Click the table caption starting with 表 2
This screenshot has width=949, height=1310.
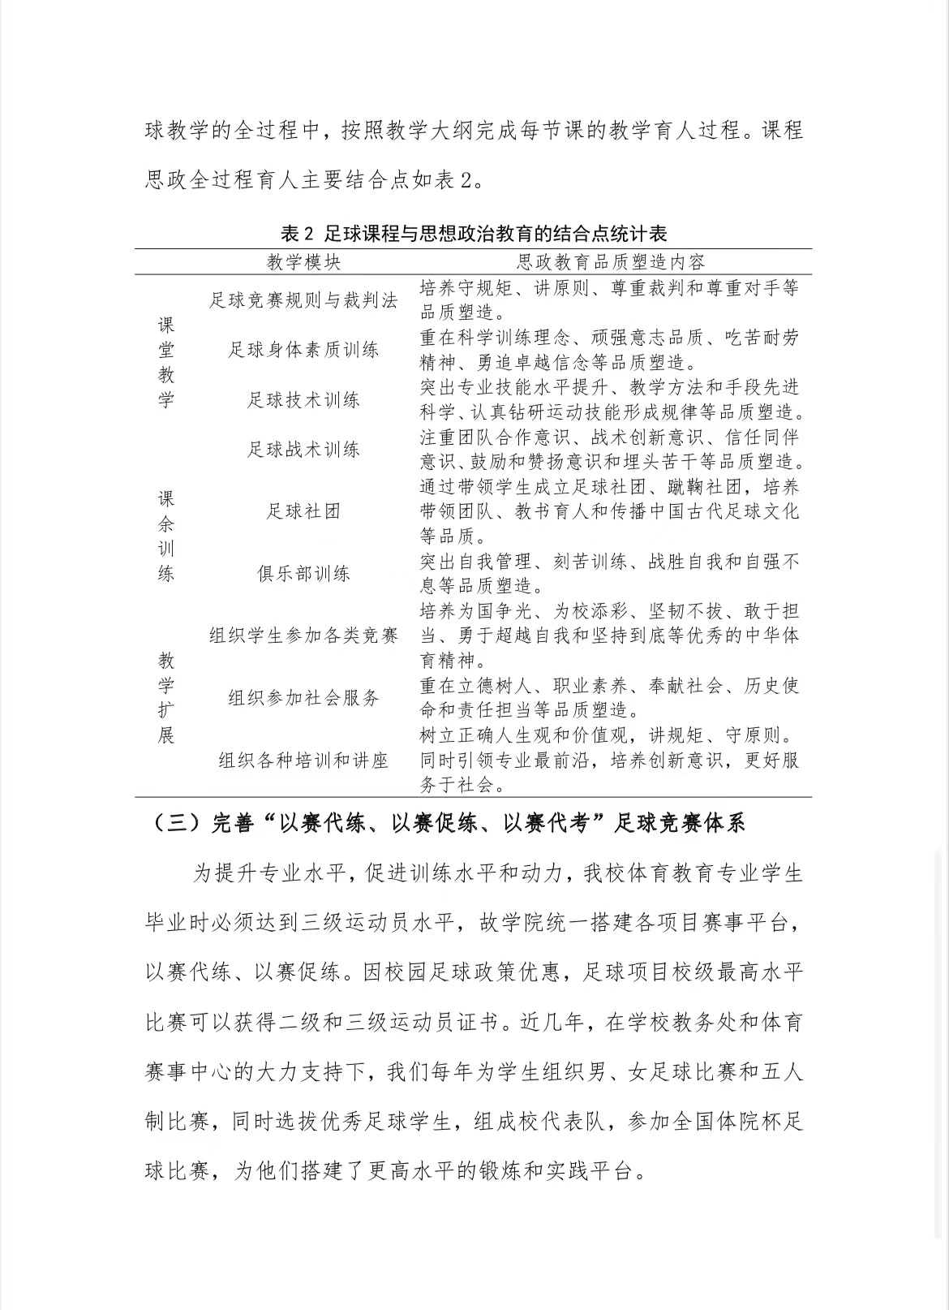[x=474, y=234]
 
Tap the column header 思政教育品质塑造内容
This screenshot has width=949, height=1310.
[x=610, y=261]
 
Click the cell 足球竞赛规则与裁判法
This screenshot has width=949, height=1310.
[x=303, y=300]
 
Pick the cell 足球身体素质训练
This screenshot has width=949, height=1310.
[x=303, y=350]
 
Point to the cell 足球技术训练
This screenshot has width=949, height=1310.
[x=303, y=400]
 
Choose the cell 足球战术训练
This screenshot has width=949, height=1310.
[x=303, y=450]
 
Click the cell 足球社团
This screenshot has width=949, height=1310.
[x=303, y=511]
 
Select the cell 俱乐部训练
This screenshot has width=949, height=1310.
[x=303, y=574]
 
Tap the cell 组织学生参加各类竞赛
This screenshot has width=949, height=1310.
[x=303, y=636]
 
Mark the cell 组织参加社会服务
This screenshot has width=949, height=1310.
[x=303, y=698]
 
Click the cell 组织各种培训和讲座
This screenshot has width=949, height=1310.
[x=303, y=761]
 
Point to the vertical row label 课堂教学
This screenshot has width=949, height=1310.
[x=166, y=362]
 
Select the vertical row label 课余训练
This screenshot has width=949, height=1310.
[x=166, y=536]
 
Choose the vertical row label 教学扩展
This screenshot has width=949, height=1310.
[x=166, y=698]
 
